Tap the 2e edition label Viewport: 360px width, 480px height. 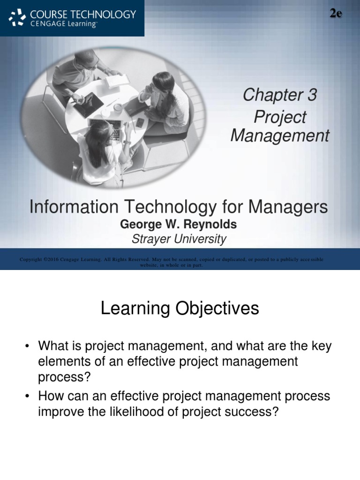pyautogui.click(x=335, y=14)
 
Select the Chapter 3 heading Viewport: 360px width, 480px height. pyautogui.click(x=279, y=95)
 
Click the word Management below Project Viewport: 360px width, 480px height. pyautogui.click(x=280, y=136)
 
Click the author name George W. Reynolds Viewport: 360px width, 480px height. pyautogui.click(x=178, y=225)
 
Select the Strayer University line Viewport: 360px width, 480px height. pyautogui.click(x=178, y=239)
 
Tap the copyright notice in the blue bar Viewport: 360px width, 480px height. pyautogui.click(x=171, y=262)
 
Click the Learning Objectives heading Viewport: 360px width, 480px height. pyautogui.click(x=180, y=308)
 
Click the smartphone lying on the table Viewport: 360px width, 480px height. pyautogui.click(x=140, y=122)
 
